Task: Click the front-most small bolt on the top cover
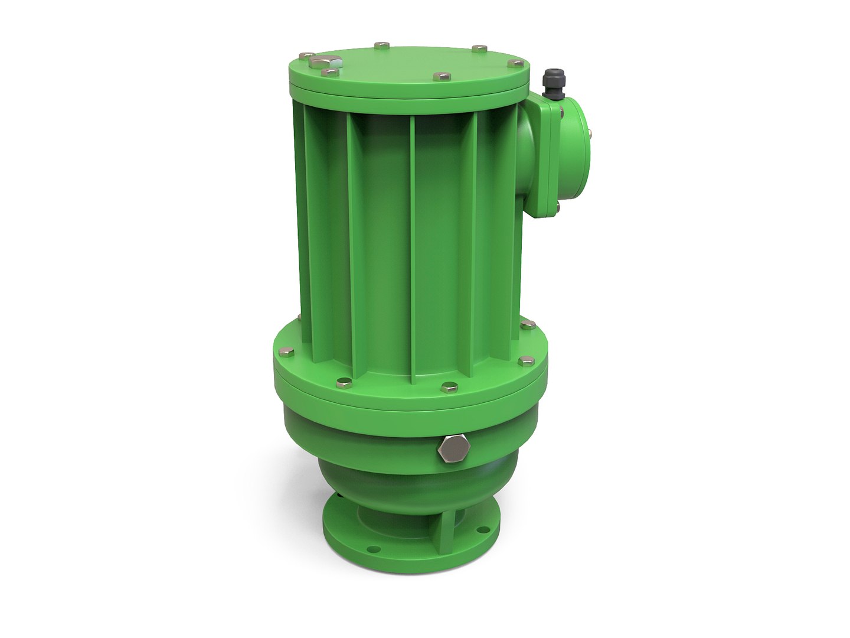(x=442, y=76)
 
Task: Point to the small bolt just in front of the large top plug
(x=331, y=73)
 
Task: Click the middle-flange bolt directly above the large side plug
(x=449, y=387)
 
